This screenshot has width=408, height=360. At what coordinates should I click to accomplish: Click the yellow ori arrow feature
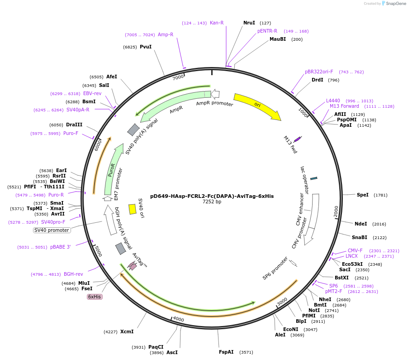(x=256, y=106)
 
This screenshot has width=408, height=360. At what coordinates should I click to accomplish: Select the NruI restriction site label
(x=249, y=23)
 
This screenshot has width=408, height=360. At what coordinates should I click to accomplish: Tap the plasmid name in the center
(x=212, y=196)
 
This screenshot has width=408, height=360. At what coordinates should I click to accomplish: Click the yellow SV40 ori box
(x=133, y=209)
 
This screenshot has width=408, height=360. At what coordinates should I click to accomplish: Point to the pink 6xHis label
(x=95, y=297)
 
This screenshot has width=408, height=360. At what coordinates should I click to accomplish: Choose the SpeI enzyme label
(x=363, y=195)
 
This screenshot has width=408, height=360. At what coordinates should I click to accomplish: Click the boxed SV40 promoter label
(x=52, y=230)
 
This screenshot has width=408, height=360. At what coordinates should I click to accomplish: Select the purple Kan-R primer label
(x=217, y=23)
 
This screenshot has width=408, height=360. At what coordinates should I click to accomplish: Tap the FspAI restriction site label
(x=226, y=352)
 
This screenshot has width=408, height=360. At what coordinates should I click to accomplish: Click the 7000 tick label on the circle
(x=178, y=77)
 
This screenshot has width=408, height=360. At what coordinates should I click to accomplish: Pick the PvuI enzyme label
(x=146, y=47)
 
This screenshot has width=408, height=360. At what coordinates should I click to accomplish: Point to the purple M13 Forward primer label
(x=344, y=106)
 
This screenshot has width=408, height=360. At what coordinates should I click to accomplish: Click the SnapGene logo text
(x=396, y=4)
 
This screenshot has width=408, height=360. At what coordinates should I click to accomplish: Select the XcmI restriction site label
(x=127, y=331)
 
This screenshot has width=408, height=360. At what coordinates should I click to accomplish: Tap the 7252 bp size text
(x=212, y=202)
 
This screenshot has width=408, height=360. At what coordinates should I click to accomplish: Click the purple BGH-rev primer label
(x=73, y=274)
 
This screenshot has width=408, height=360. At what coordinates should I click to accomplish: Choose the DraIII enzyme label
(x=74, y=125)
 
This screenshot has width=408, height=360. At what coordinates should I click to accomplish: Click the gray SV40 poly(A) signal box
(x=133, y=130)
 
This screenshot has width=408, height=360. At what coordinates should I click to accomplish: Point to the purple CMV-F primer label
(x=355, y=250)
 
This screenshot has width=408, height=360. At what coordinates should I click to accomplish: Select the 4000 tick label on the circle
(x=178, y=319)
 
